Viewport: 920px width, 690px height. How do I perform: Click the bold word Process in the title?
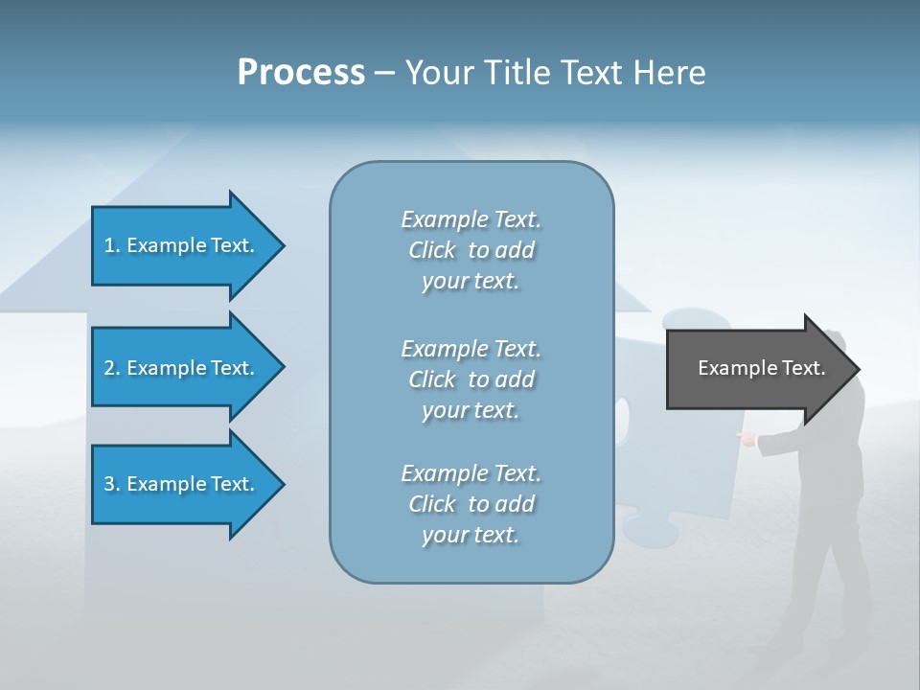pyautogui.click(x=301, y=73)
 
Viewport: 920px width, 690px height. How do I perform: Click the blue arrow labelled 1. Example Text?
pyautogui.click(x=182, y=245)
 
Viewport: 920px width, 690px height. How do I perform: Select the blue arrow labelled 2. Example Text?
pyautogui.click(x=182, y=368)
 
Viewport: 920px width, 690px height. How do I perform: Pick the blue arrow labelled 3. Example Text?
pyautogui.click(x=182, y=484)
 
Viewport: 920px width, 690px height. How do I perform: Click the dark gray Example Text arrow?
pyautogui.click(x=757, y=369)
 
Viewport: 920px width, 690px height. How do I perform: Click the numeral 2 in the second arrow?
pyautogui.click(x=110, y=368)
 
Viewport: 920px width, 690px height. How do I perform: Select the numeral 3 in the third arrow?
pyautogui.click(x=110, y=484)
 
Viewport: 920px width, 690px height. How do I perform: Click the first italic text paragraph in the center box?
pyautogui.click(x=471, y=250)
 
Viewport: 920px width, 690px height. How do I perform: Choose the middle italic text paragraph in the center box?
pyautogui.click(x=471, y=379)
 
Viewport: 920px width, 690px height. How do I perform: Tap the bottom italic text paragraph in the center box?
pyautogui.click(x=471, y=504)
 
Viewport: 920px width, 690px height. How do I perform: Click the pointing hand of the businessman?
pyautogui.click(x=745, y=438)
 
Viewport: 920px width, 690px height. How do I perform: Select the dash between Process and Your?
pyautogui.click(x=384, y=73)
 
